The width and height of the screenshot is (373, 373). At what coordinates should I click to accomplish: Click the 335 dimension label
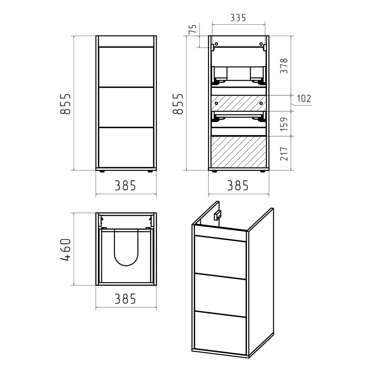pos(238,18)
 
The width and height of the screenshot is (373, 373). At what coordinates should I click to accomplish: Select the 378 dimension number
pos(284,66)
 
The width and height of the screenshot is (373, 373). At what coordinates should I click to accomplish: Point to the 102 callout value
pos(304,99)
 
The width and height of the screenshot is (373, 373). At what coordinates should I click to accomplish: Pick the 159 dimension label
pos(284,124)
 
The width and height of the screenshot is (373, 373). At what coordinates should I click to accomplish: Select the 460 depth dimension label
pos(65,250)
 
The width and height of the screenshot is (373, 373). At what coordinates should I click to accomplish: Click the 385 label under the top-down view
pos(126,299)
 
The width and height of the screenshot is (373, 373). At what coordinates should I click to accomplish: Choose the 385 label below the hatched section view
pos(238,186)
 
